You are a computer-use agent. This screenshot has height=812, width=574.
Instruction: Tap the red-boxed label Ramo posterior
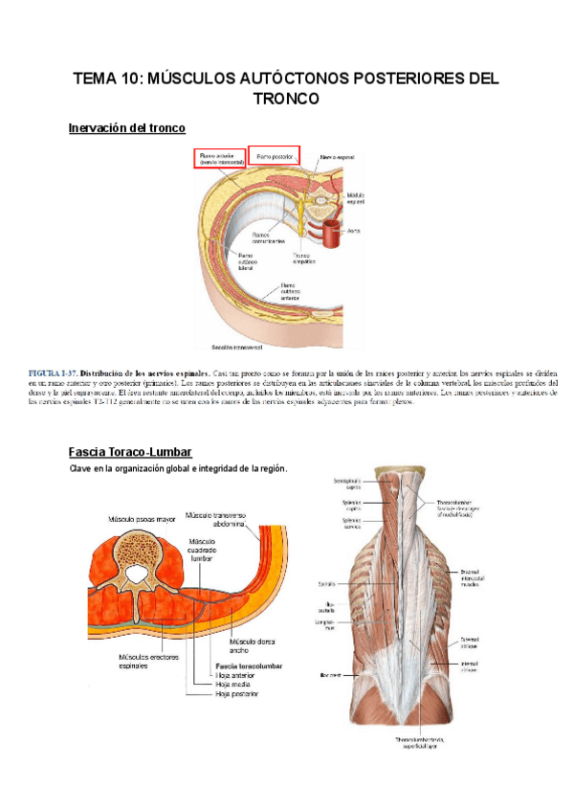[274, 153]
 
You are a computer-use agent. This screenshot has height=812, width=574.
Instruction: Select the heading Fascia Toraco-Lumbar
[130, 451]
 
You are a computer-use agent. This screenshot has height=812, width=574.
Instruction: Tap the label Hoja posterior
[236, 694]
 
